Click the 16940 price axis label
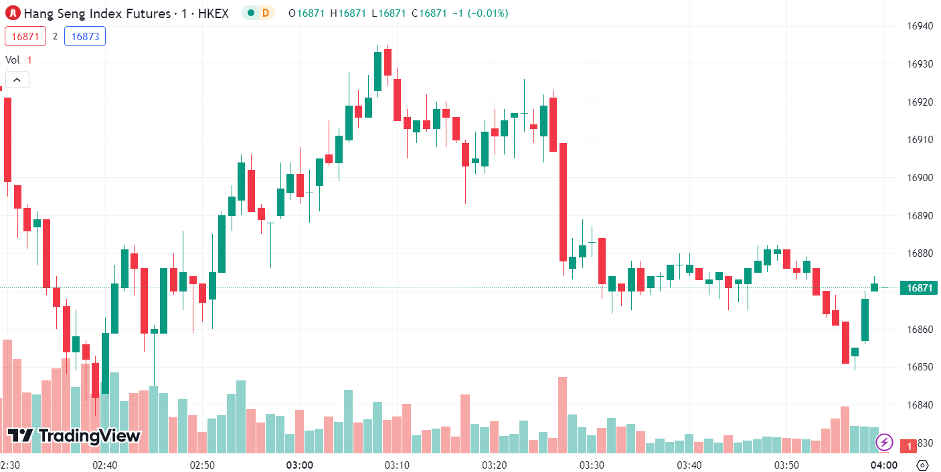(919, 26)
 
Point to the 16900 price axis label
(919, 178)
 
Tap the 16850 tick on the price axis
(919, 367)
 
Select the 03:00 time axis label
(299, 465)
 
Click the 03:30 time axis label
(592, 465)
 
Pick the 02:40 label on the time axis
(105, 465)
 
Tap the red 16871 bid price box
(25, 36)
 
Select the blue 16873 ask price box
(85, 36)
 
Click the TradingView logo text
(74, 436)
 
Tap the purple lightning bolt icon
(885, 442)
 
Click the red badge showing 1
(910, 445)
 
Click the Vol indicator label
(13, 60)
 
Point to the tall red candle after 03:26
(564, 202)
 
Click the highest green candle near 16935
(377, 71)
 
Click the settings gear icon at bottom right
(922, 465)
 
